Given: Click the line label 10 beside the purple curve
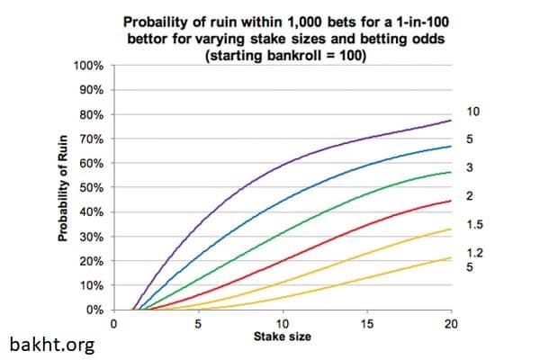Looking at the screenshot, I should click(x=474, y=111).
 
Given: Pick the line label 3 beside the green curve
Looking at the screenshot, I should click(x=470, y=167).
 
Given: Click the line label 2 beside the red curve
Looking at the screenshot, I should click(x=470, y=195).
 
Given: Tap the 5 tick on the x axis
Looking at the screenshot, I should click(x=198, y=324).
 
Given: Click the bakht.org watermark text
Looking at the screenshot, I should click(x=51, y=344).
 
